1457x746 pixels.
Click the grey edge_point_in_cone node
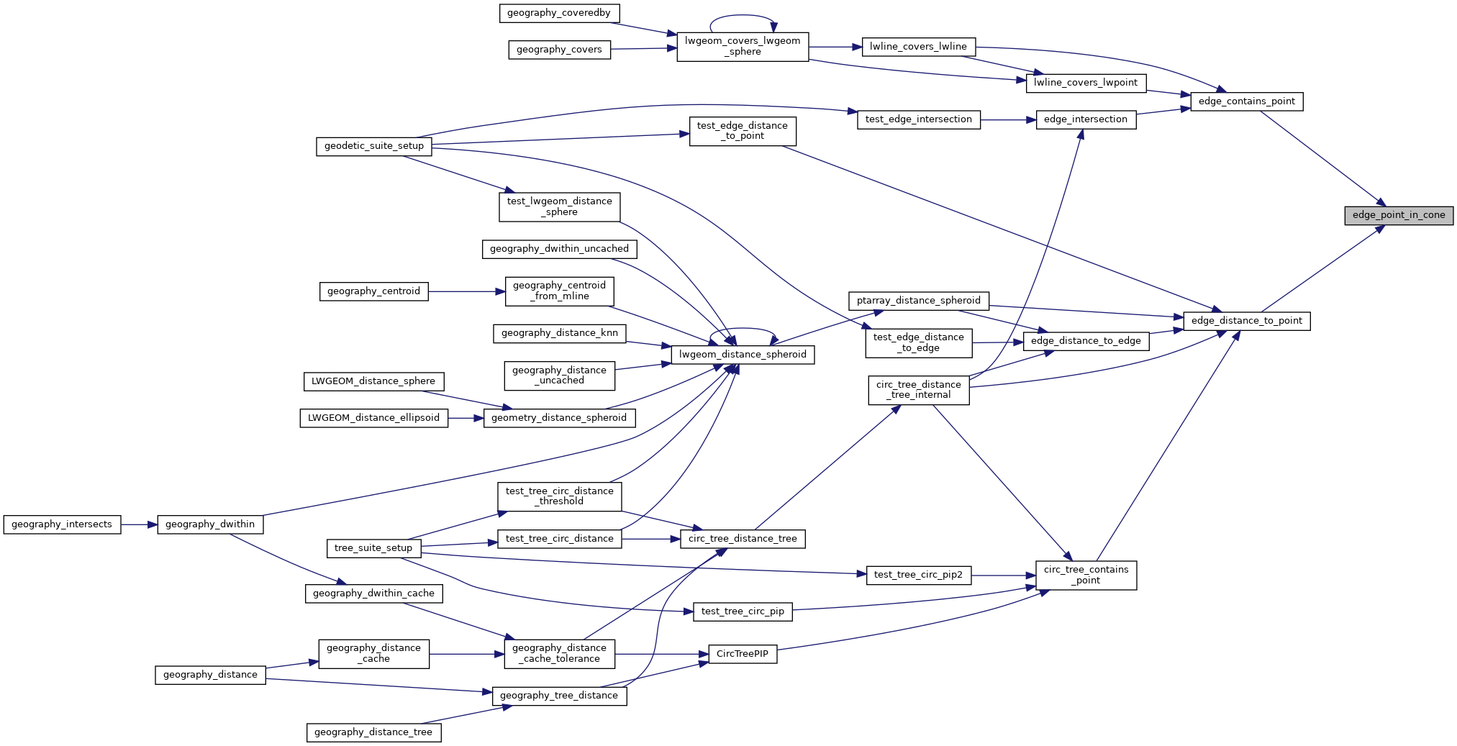pos(1398,215)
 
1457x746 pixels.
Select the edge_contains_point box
pos(1246,101)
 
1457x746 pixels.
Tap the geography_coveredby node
pos(559,13)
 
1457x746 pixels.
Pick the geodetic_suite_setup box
pos(373,146)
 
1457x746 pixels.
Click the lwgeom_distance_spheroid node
pos(743,355)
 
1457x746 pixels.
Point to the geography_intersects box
pos(62,524)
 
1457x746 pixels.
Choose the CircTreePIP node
pos(743,654)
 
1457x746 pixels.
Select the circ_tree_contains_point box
pos(1086,575)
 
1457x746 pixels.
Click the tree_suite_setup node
pos(373,548)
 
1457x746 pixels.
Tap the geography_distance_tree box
pos(373,732)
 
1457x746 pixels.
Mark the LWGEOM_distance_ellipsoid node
pos(373,418)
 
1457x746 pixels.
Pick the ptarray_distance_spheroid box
pos(918,301)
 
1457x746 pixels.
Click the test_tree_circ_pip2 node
pos(918,575)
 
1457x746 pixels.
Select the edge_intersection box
pos(1085,119)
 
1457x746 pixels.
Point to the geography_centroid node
pos(373,291)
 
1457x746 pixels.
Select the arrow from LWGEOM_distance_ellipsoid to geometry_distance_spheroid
pos(466,418)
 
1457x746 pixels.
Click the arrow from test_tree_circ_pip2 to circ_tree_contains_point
pos(1003,576)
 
